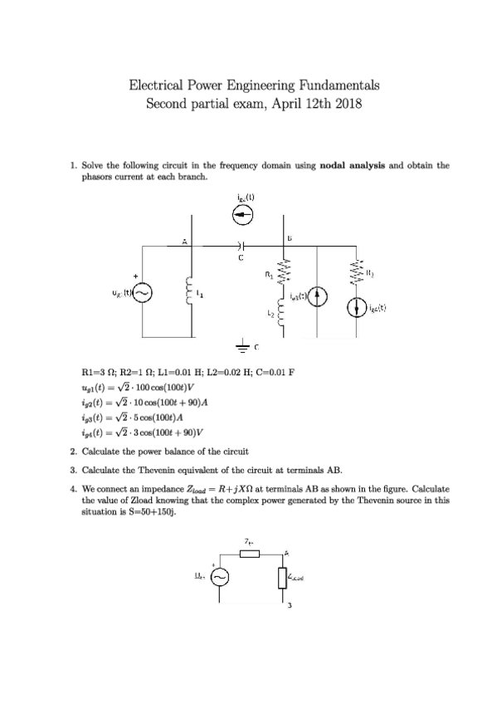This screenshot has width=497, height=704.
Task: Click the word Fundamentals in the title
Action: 337,85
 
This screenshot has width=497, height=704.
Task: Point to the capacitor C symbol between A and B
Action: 241,246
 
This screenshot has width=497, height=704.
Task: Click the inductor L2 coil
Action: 286,315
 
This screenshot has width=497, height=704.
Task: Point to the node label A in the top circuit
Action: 184,242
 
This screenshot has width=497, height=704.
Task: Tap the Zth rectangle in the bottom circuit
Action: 251,555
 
